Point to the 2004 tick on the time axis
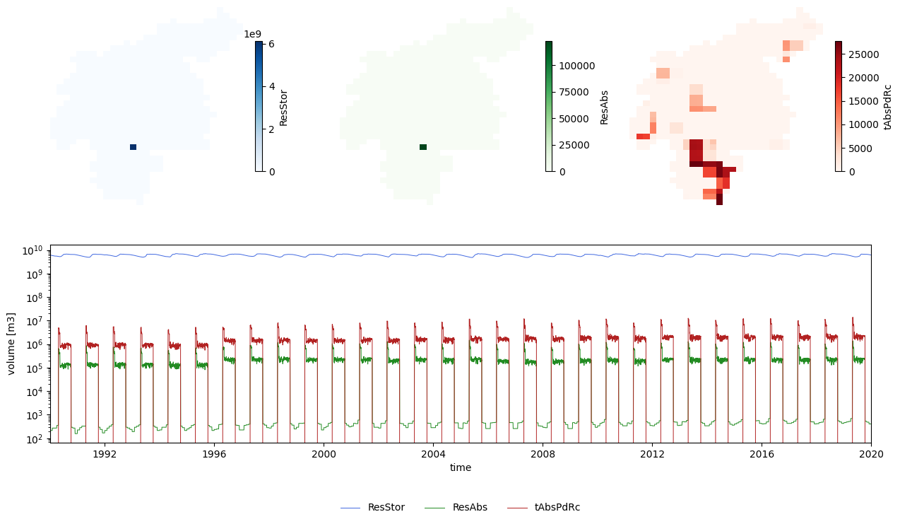(x=433, y=453)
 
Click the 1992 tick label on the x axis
(x=104, y=453)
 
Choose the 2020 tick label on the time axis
(x=871, y=453)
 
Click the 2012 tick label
(x=652, y=453)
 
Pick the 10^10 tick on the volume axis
(x=33, y=251)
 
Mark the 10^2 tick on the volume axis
(x=33, y=439)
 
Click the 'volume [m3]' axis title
(x=11, y=344)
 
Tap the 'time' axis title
(x=460, y=467)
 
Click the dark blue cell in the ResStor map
(x=133, y=147)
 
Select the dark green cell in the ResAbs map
(x=423, y=147)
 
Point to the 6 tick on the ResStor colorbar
(x=272, y=43)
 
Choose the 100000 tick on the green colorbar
(x=576, y=65)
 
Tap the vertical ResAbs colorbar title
(x=604, y=107)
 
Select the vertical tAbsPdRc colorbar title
(x=888, y=107)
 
